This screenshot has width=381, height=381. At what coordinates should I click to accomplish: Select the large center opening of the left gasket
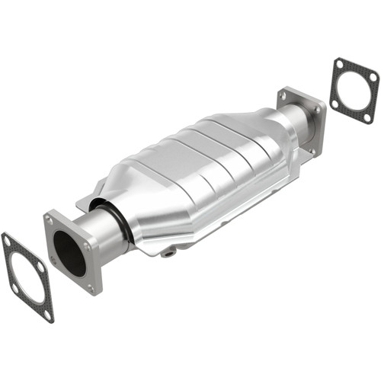27,277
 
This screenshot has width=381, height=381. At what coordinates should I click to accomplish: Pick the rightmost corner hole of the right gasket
372,76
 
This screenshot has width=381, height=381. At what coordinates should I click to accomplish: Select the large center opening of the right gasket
354,91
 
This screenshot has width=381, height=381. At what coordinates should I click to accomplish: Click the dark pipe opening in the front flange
69,253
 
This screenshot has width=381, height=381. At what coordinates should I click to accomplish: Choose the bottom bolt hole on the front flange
92,287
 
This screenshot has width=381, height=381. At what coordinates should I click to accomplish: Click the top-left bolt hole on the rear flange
284,96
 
